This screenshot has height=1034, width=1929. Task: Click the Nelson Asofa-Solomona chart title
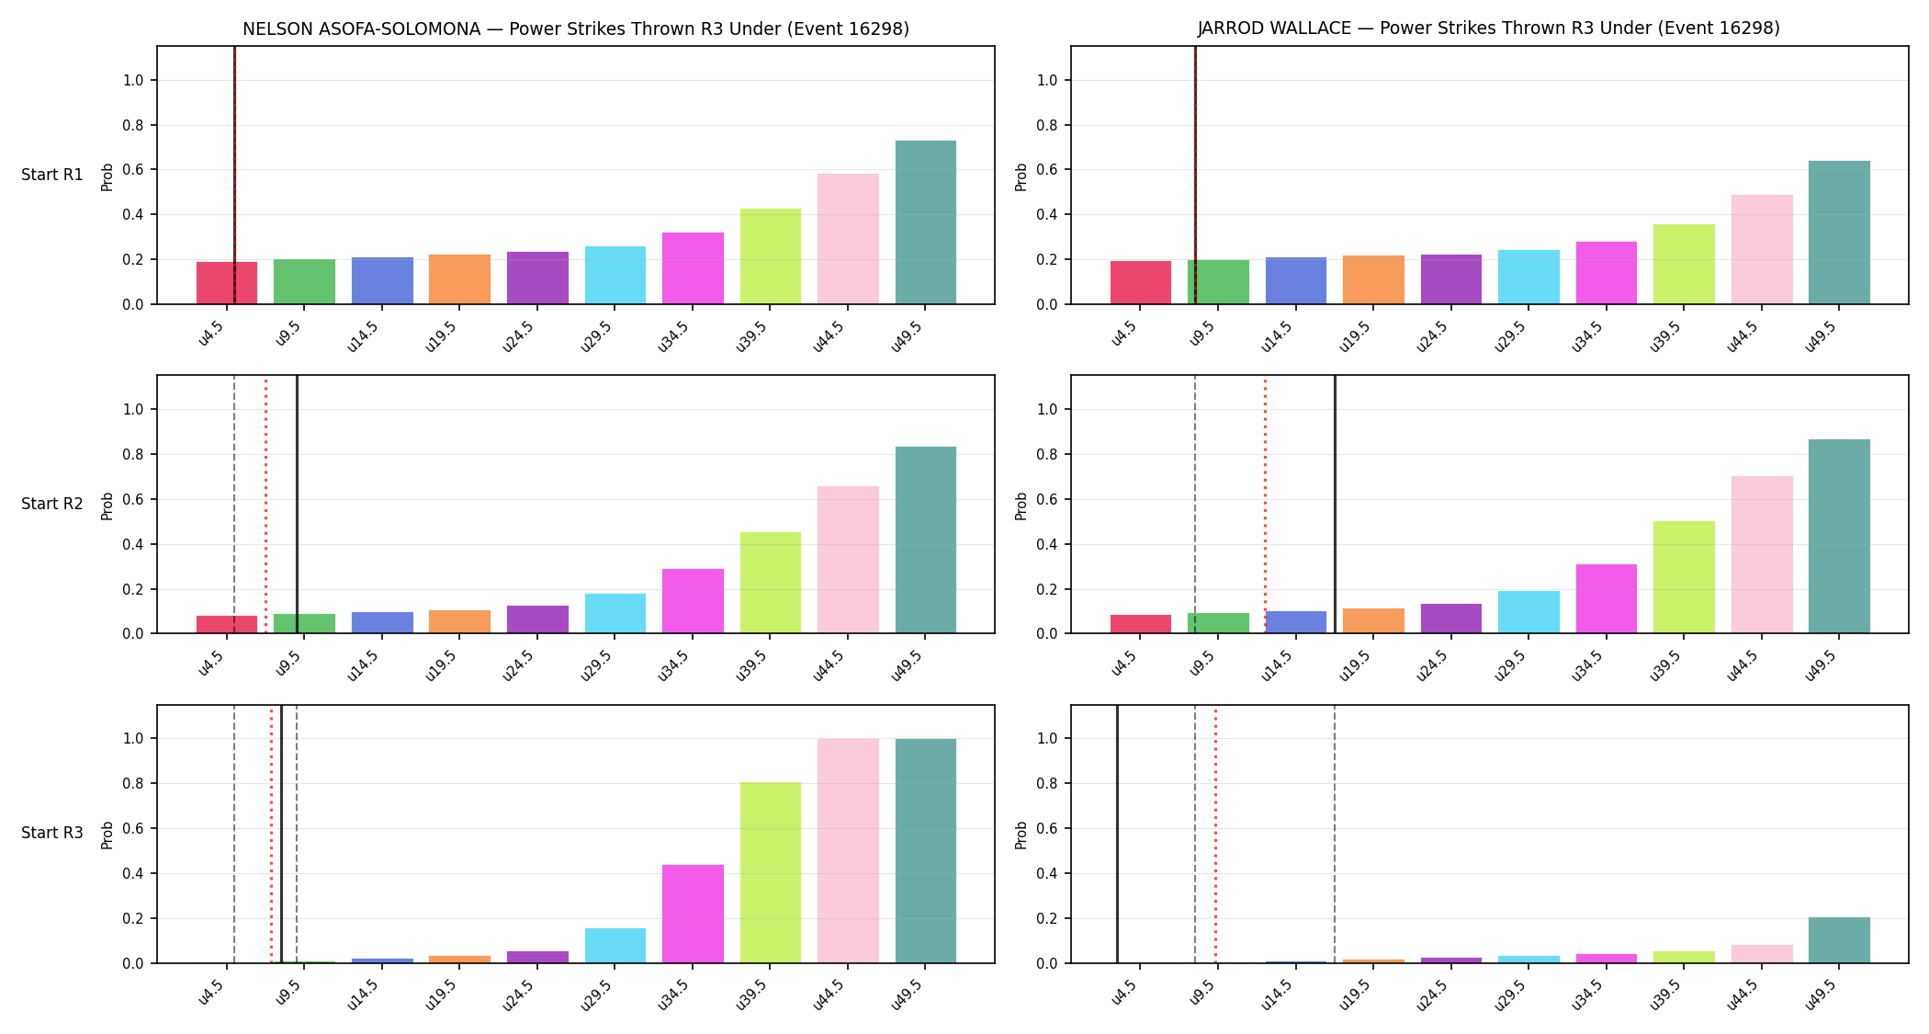576,29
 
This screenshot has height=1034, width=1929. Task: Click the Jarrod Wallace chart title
1489,28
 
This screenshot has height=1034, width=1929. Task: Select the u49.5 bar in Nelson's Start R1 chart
926,222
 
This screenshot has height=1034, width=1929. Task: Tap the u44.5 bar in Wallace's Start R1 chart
1762,249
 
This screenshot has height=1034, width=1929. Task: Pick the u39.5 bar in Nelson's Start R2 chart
771,583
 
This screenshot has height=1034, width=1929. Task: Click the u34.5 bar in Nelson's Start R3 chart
693,914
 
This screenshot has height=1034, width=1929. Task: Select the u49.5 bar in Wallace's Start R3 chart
1839,940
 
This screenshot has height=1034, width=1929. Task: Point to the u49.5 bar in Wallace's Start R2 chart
1839,536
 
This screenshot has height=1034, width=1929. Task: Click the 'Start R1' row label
52,175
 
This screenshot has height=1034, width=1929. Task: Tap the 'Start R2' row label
52,504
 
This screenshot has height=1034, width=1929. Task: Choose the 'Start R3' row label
52,833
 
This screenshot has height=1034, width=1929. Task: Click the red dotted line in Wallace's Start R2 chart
1265,505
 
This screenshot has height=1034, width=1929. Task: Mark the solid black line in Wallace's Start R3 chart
1117,834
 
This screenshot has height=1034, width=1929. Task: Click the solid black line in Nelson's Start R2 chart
297,505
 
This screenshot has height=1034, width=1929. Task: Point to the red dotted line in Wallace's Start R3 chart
1215,834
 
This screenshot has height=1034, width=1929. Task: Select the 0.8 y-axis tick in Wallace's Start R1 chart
1047,125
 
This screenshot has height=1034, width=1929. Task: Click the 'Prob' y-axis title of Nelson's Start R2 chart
107,506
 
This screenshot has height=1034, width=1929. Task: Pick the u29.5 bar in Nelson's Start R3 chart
615,946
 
